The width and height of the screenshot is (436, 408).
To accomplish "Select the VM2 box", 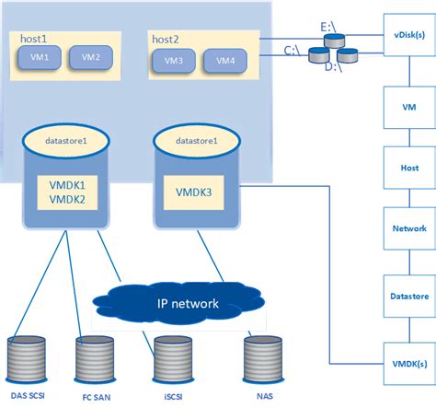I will tap(90, 57).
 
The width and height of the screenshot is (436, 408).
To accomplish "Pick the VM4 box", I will tap(225, 60).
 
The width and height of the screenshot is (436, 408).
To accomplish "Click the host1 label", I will tap(33, 38).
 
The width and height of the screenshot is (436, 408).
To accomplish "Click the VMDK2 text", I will tap(65, 199).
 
